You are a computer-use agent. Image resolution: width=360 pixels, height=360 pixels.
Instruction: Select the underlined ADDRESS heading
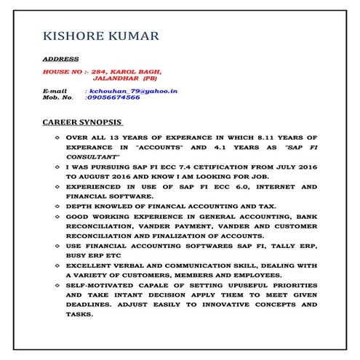tap(61, 58)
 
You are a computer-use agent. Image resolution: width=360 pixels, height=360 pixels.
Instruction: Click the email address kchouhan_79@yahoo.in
tap(132, 91)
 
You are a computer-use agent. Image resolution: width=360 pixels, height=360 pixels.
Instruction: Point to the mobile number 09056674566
tap(113, 97)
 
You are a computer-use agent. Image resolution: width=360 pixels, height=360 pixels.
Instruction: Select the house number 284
tap(103, 72)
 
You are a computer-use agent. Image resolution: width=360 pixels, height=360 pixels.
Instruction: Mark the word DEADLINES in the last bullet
tap(90, 306)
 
